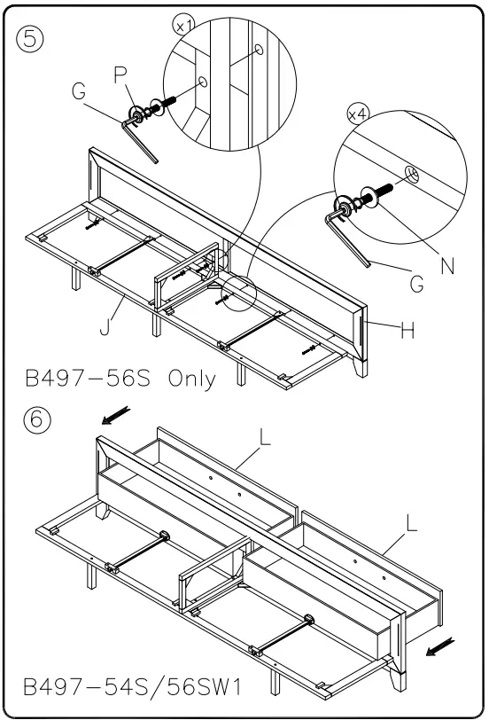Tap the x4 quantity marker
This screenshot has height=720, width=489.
tap(358, 113)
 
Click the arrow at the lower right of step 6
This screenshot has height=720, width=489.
tap(438, 651)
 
